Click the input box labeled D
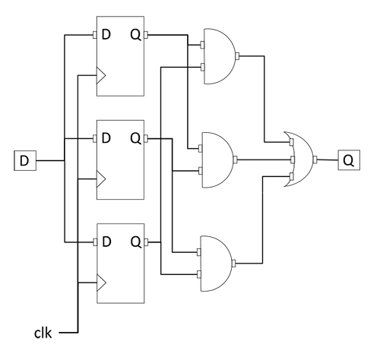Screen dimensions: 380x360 [x=25, y=160]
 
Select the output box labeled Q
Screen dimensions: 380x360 [x=349, y=160]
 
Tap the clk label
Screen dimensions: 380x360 [x=43, y=333]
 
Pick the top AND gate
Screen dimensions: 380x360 [x=219, y=56]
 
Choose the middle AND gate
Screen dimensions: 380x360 [x=217, y=159]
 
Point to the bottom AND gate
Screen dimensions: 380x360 [x=216, y=264]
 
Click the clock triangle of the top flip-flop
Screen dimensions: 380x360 [x=101, y=75]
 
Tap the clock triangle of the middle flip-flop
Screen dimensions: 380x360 [x=101, y=179]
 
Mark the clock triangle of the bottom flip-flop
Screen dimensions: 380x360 [x=101, y=283]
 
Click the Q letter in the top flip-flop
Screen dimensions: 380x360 [x=136, y=35]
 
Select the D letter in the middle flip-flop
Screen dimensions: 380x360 [x=106, y=138]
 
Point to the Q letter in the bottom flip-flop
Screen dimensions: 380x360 [x=136, y=242]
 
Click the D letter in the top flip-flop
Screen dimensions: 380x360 [x=106, y=35]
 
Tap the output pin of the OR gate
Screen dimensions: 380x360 [x=315, y=159]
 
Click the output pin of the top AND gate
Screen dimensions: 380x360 [x=237, y=56]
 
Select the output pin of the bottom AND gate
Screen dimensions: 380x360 [x=233, y=264]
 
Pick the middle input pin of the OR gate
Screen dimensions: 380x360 [x=293, y=159]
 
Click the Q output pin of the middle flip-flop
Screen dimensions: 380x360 [x=146, y=138]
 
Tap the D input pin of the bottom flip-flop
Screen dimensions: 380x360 [x=95, y=242]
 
